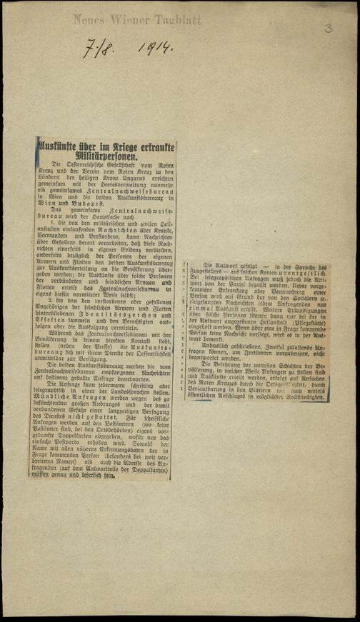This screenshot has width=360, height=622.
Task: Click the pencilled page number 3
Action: tap(328, 29)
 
